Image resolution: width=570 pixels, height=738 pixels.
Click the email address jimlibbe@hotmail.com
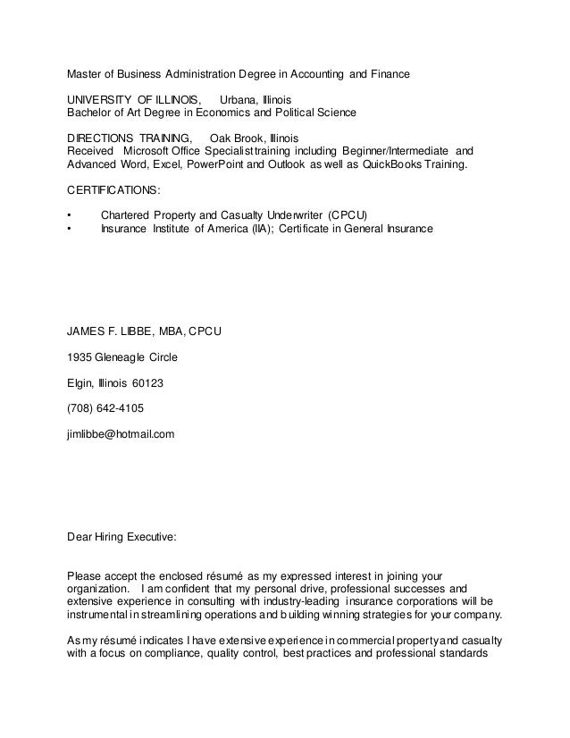tap(121, 433)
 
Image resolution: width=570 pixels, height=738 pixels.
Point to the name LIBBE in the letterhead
tap(130, 331)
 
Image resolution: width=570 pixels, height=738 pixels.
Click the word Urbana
tap(239, 99)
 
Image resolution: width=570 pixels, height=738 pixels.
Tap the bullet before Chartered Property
tap(71, 216)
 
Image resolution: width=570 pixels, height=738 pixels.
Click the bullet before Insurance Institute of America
tap(71, 230)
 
